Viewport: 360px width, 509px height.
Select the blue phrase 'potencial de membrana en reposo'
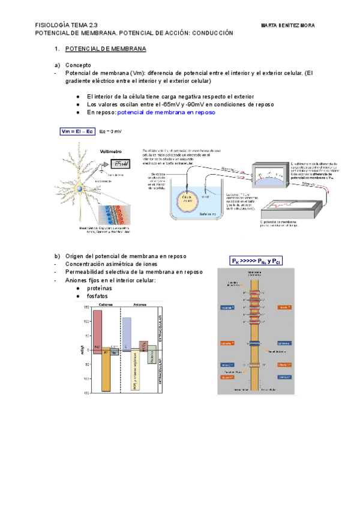tap(166, 112)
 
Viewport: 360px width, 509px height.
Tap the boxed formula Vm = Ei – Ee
tap(77, 131)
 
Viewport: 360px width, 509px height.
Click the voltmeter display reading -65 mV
tap(121, 164)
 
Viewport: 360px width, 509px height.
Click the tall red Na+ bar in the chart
tap(97, 331)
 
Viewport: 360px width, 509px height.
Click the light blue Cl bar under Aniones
tap(127, 333)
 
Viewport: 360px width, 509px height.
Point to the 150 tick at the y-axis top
tap(86, 308)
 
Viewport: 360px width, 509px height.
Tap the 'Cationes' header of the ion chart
tap(106, 305)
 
